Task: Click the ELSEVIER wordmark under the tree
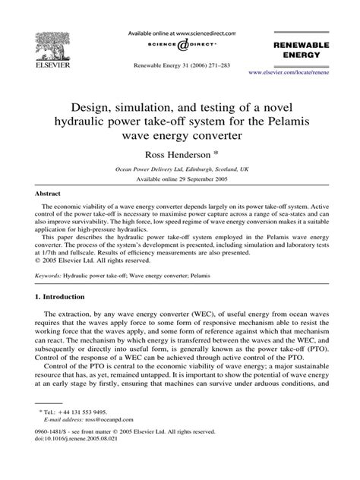(49, 66)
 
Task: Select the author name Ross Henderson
(176, 154)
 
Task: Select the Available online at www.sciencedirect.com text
(180, 33)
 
